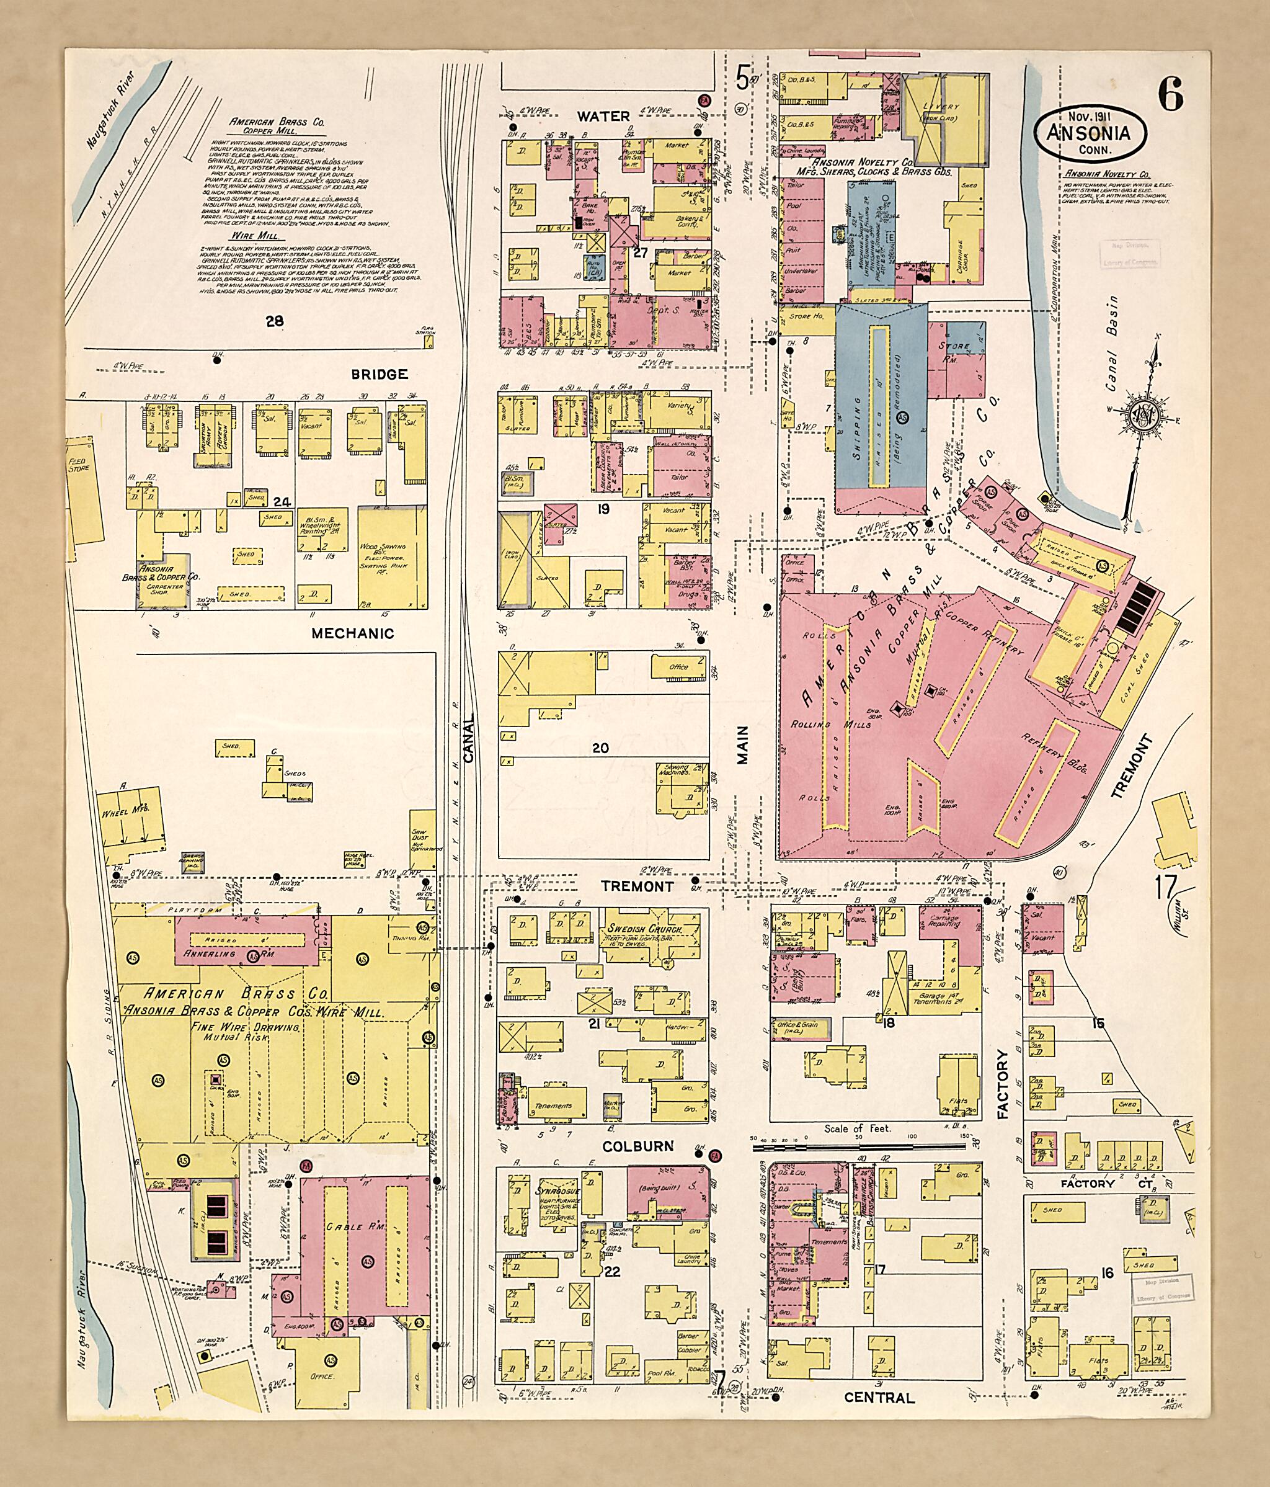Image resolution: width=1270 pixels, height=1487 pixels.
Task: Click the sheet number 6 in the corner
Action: pyautogui.click(x=1170, y=95)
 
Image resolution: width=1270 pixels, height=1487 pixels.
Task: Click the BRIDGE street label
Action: pyautogui.click(x=380, y=374)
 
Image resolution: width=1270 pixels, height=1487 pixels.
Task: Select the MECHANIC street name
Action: pyautogui.click(x=352, y=633)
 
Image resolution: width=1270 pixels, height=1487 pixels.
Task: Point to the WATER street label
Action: pyautogui.click(x=604, y=115)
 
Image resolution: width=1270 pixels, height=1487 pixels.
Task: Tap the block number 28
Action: pyautogui.click(x=274, y=321)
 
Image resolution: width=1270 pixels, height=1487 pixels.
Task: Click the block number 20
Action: pyautogui.click(x=600, y=748)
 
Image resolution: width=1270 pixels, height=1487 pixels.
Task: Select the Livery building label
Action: pyautogui.click(x=941, y=106)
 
